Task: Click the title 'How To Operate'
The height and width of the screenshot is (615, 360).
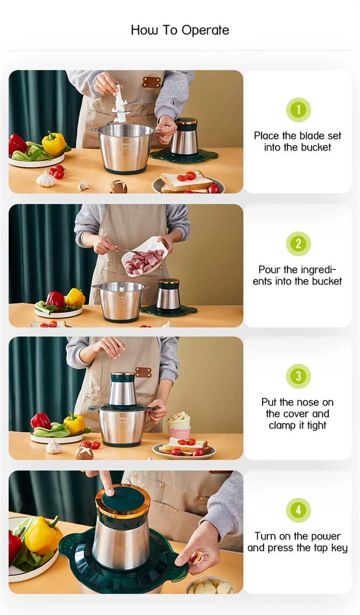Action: (x=180, y=30)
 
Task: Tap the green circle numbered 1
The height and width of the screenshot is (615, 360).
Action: (x=298, y=110)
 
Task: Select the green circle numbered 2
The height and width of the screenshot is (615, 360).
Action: (x=298, y=244)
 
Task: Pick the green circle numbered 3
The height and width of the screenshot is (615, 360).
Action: (x=298, y=376)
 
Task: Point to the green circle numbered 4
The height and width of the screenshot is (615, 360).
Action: (x=298, y=510)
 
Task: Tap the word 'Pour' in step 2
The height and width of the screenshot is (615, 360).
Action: (x=269, y=270)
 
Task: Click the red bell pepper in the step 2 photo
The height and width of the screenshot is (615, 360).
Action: (x=55, y=300)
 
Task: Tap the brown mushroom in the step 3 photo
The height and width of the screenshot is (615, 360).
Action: (x=84, y=453)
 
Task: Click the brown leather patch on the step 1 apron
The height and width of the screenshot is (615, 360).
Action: (x=152, y=82)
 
